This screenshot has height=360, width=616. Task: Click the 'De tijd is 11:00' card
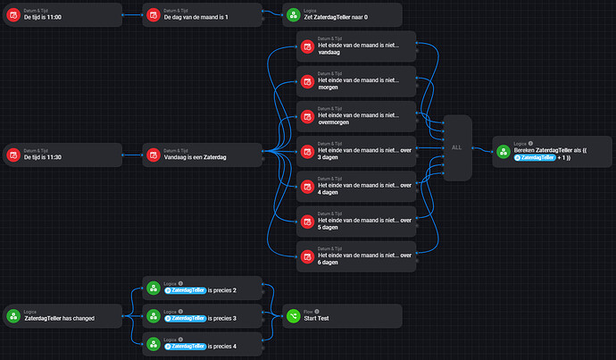coord(62,15)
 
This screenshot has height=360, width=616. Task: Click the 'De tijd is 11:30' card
coord(62,155)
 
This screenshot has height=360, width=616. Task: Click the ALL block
coord(456,147)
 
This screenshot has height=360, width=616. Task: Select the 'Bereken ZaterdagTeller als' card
coord(553,152)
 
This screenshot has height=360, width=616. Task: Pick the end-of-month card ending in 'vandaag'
coord(355,47)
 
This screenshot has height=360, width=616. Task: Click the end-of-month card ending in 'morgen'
coord(355,82)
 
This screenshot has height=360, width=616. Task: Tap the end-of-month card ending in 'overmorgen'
coord(355,117)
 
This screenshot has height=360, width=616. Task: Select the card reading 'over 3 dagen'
coord(355,152)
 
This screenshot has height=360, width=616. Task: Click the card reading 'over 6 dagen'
coord(355,256)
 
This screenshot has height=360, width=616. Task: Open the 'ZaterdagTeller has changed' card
coord(62,316)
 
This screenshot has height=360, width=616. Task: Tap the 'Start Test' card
coord(342,316)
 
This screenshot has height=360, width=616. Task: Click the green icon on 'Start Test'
coord(294,316)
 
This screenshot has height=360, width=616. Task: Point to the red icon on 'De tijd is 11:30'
coord(13,155)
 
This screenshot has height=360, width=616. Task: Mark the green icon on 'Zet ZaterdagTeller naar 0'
coord(294,15)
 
